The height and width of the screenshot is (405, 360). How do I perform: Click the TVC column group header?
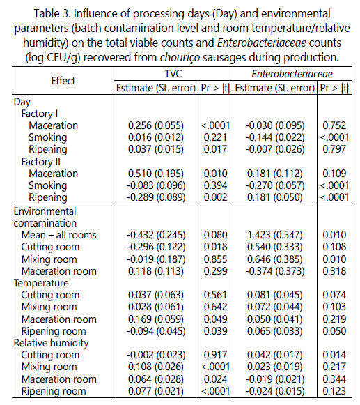[173, 74]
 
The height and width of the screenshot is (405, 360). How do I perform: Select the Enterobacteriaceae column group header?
[292, 74]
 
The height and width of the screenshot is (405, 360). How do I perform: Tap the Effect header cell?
[63, 81]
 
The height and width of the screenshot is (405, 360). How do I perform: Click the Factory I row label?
[40, 114]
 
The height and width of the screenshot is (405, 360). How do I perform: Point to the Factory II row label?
[41, 162]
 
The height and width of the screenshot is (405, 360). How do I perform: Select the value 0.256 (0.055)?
[156, 125]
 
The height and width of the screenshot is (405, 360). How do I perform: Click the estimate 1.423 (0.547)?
[275, 235]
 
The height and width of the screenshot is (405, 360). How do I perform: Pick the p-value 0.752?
[334, 125]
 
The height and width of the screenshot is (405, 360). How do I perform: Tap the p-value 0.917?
[215, 355]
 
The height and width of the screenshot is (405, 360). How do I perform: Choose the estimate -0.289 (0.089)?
[156, 197]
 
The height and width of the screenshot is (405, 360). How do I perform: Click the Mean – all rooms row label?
[58, 235]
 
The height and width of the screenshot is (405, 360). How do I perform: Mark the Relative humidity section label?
[51, 343]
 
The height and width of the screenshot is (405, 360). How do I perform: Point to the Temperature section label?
[41, 283]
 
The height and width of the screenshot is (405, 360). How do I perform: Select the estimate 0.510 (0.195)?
[156, 174]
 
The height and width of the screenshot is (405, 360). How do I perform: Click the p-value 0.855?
[215, 259]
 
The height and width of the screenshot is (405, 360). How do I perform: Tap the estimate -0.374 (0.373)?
[275, 271]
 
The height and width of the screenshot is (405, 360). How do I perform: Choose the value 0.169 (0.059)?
[156, 319]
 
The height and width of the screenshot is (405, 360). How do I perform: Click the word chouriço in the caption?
[180, 58]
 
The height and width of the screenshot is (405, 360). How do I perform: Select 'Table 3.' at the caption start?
[52, 13]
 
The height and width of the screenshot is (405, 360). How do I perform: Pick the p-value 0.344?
[334, 379]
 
